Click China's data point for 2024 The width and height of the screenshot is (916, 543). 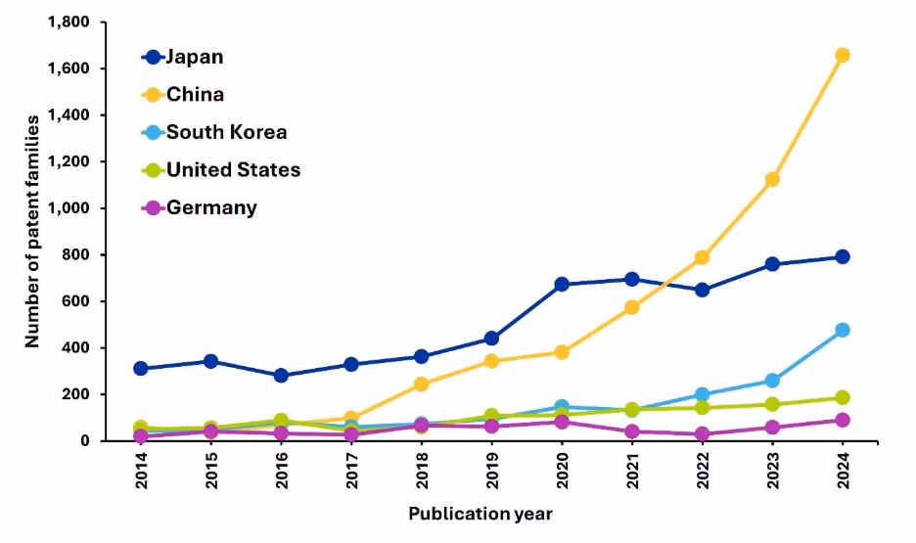(842, 55)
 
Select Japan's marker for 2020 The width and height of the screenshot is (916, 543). (562, 285)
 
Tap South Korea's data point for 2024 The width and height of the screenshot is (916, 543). (842, 331)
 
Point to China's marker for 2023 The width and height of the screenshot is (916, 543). (772, 180)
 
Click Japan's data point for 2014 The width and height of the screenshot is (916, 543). (141, 369)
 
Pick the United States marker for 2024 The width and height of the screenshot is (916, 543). (842, 398)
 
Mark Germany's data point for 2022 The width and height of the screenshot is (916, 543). (702, 434)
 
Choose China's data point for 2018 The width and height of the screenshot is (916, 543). (422, 385)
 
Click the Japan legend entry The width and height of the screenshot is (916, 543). (194, 57)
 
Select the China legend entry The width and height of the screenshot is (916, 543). (194, 95)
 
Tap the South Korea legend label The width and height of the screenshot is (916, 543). (226, 132)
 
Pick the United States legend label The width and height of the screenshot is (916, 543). (233, 170)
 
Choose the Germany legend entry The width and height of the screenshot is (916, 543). (211, 207)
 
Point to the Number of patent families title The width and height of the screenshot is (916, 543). (32, 231)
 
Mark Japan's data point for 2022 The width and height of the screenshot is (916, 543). (702, 291)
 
